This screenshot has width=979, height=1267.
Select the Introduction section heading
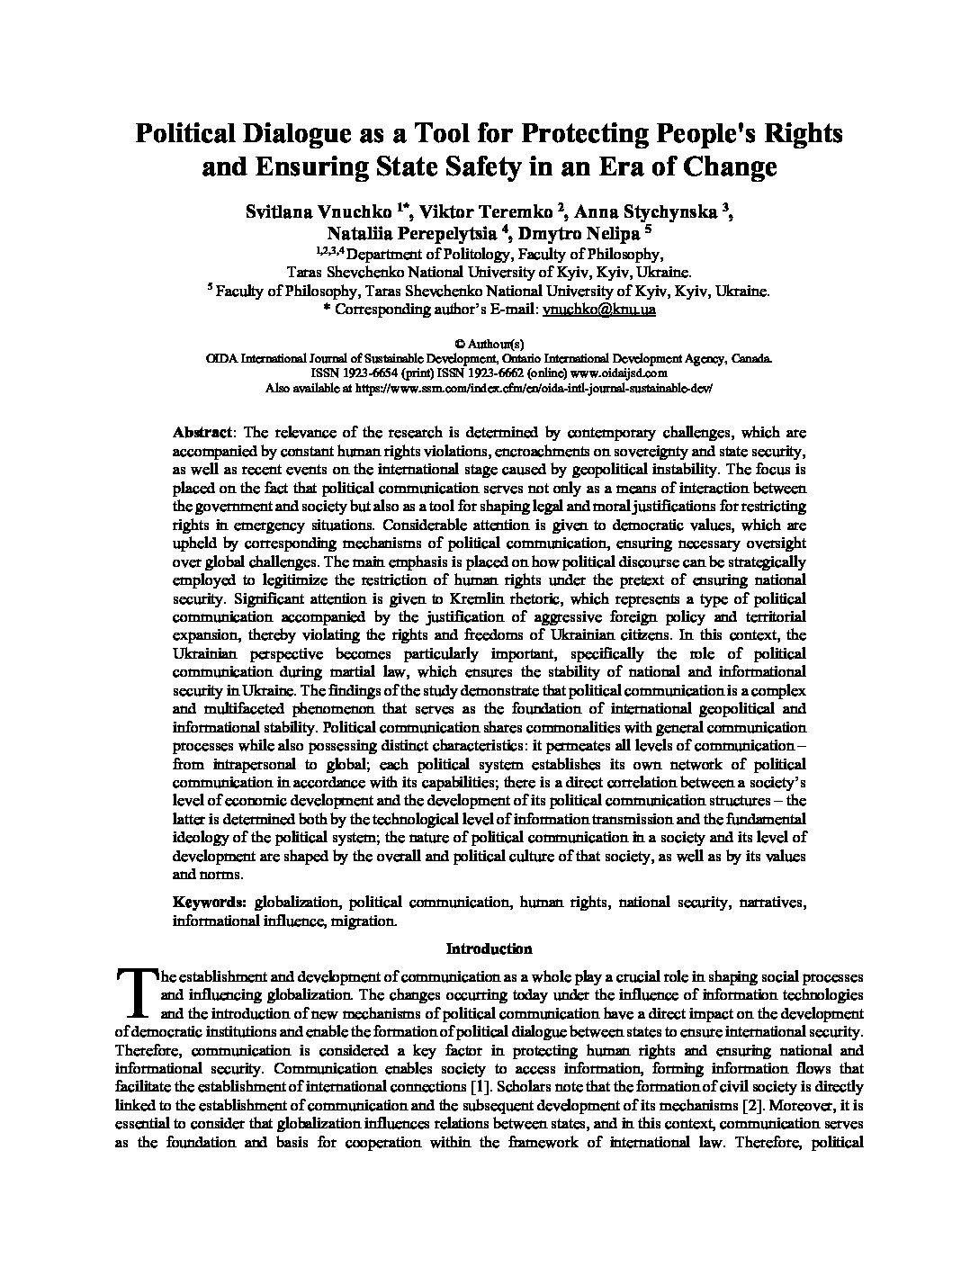tap(489, 948)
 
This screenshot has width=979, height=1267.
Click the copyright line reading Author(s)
tap(489, 343)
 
